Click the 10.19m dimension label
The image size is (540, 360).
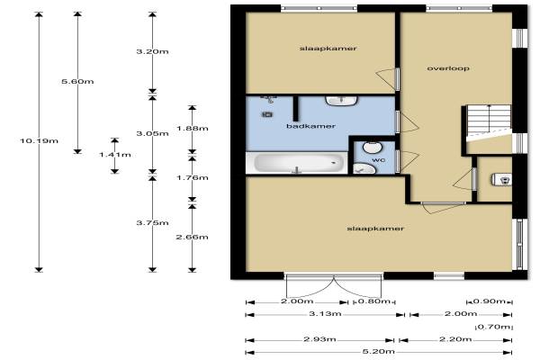coord(39,140)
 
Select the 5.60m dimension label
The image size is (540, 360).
coord(77,82)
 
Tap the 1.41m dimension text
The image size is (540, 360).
coord(115,155)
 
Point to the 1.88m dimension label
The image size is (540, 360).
coord(193,128)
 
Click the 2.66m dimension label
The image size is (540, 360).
coord(193,237)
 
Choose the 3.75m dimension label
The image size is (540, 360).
coord(153,223)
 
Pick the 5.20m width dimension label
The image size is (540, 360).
coord(379,352)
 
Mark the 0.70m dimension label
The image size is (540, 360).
coord(494,327)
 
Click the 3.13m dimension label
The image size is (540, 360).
coord(325,314)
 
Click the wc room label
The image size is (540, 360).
coord(378,160)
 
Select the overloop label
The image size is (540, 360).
coord(448,68)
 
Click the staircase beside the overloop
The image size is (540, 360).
coord(489,121)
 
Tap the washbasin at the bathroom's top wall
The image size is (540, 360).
coord(341,101)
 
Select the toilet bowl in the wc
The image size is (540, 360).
coord(373,147)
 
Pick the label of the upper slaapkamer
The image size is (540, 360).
coord(328,49)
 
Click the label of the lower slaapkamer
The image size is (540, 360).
coord(375,229)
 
